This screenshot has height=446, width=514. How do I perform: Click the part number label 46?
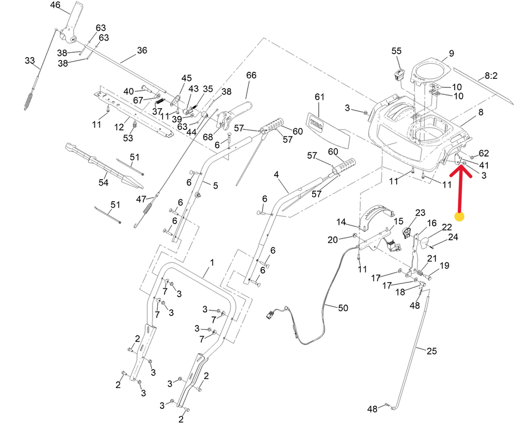click(55, 6)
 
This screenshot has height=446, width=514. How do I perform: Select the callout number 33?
click(30, 61)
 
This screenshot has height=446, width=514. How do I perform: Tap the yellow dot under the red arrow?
click(459, 217)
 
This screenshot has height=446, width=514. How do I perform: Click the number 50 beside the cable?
click(342, 308)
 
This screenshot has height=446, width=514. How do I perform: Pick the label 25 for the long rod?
click(432, 351)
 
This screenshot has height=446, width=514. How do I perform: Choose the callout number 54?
click(103, 183)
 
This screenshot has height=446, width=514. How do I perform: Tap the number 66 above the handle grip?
click(251, 75)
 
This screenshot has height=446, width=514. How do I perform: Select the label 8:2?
click(490, 76)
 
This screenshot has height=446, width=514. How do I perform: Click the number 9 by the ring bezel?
click(451, 53)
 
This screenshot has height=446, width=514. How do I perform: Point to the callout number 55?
click(397, 51)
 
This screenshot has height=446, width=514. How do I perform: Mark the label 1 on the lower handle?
click(212, 262)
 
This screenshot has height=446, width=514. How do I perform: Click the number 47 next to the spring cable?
click(141, 199)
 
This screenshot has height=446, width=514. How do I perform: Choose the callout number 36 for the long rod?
click(142, 50)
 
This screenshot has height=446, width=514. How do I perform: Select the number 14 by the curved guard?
click(341, 222)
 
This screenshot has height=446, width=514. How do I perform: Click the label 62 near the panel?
click(483, 153)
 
